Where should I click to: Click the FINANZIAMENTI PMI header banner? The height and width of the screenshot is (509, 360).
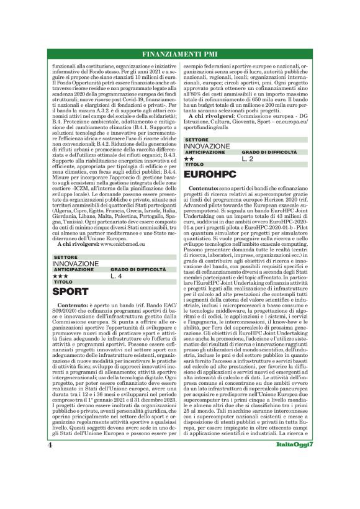click(x=179, y=54)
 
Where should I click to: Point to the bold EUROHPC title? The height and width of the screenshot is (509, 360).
click(x=212, y=176)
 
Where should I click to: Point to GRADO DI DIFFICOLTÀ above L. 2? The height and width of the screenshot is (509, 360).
click(x=269, y=152)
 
